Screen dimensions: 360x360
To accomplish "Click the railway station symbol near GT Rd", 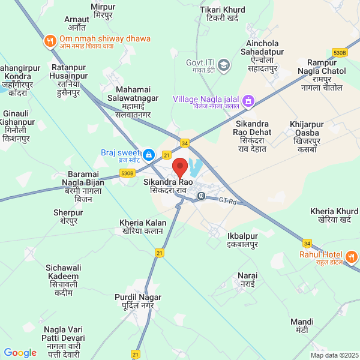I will [x=202, y=195].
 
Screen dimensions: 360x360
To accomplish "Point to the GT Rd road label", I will [x=228, y=200].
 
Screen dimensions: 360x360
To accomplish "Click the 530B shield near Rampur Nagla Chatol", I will [x=340, y=53].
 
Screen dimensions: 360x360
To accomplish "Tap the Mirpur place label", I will [x=104, y=11].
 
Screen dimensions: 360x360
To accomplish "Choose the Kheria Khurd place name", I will [x=335, y=216].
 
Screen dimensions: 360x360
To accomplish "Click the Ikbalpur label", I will [x=242, y=240].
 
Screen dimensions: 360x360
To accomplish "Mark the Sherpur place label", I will [x=68, y=217].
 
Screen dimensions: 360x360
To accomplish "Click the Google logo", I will [x=20, y=353].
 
